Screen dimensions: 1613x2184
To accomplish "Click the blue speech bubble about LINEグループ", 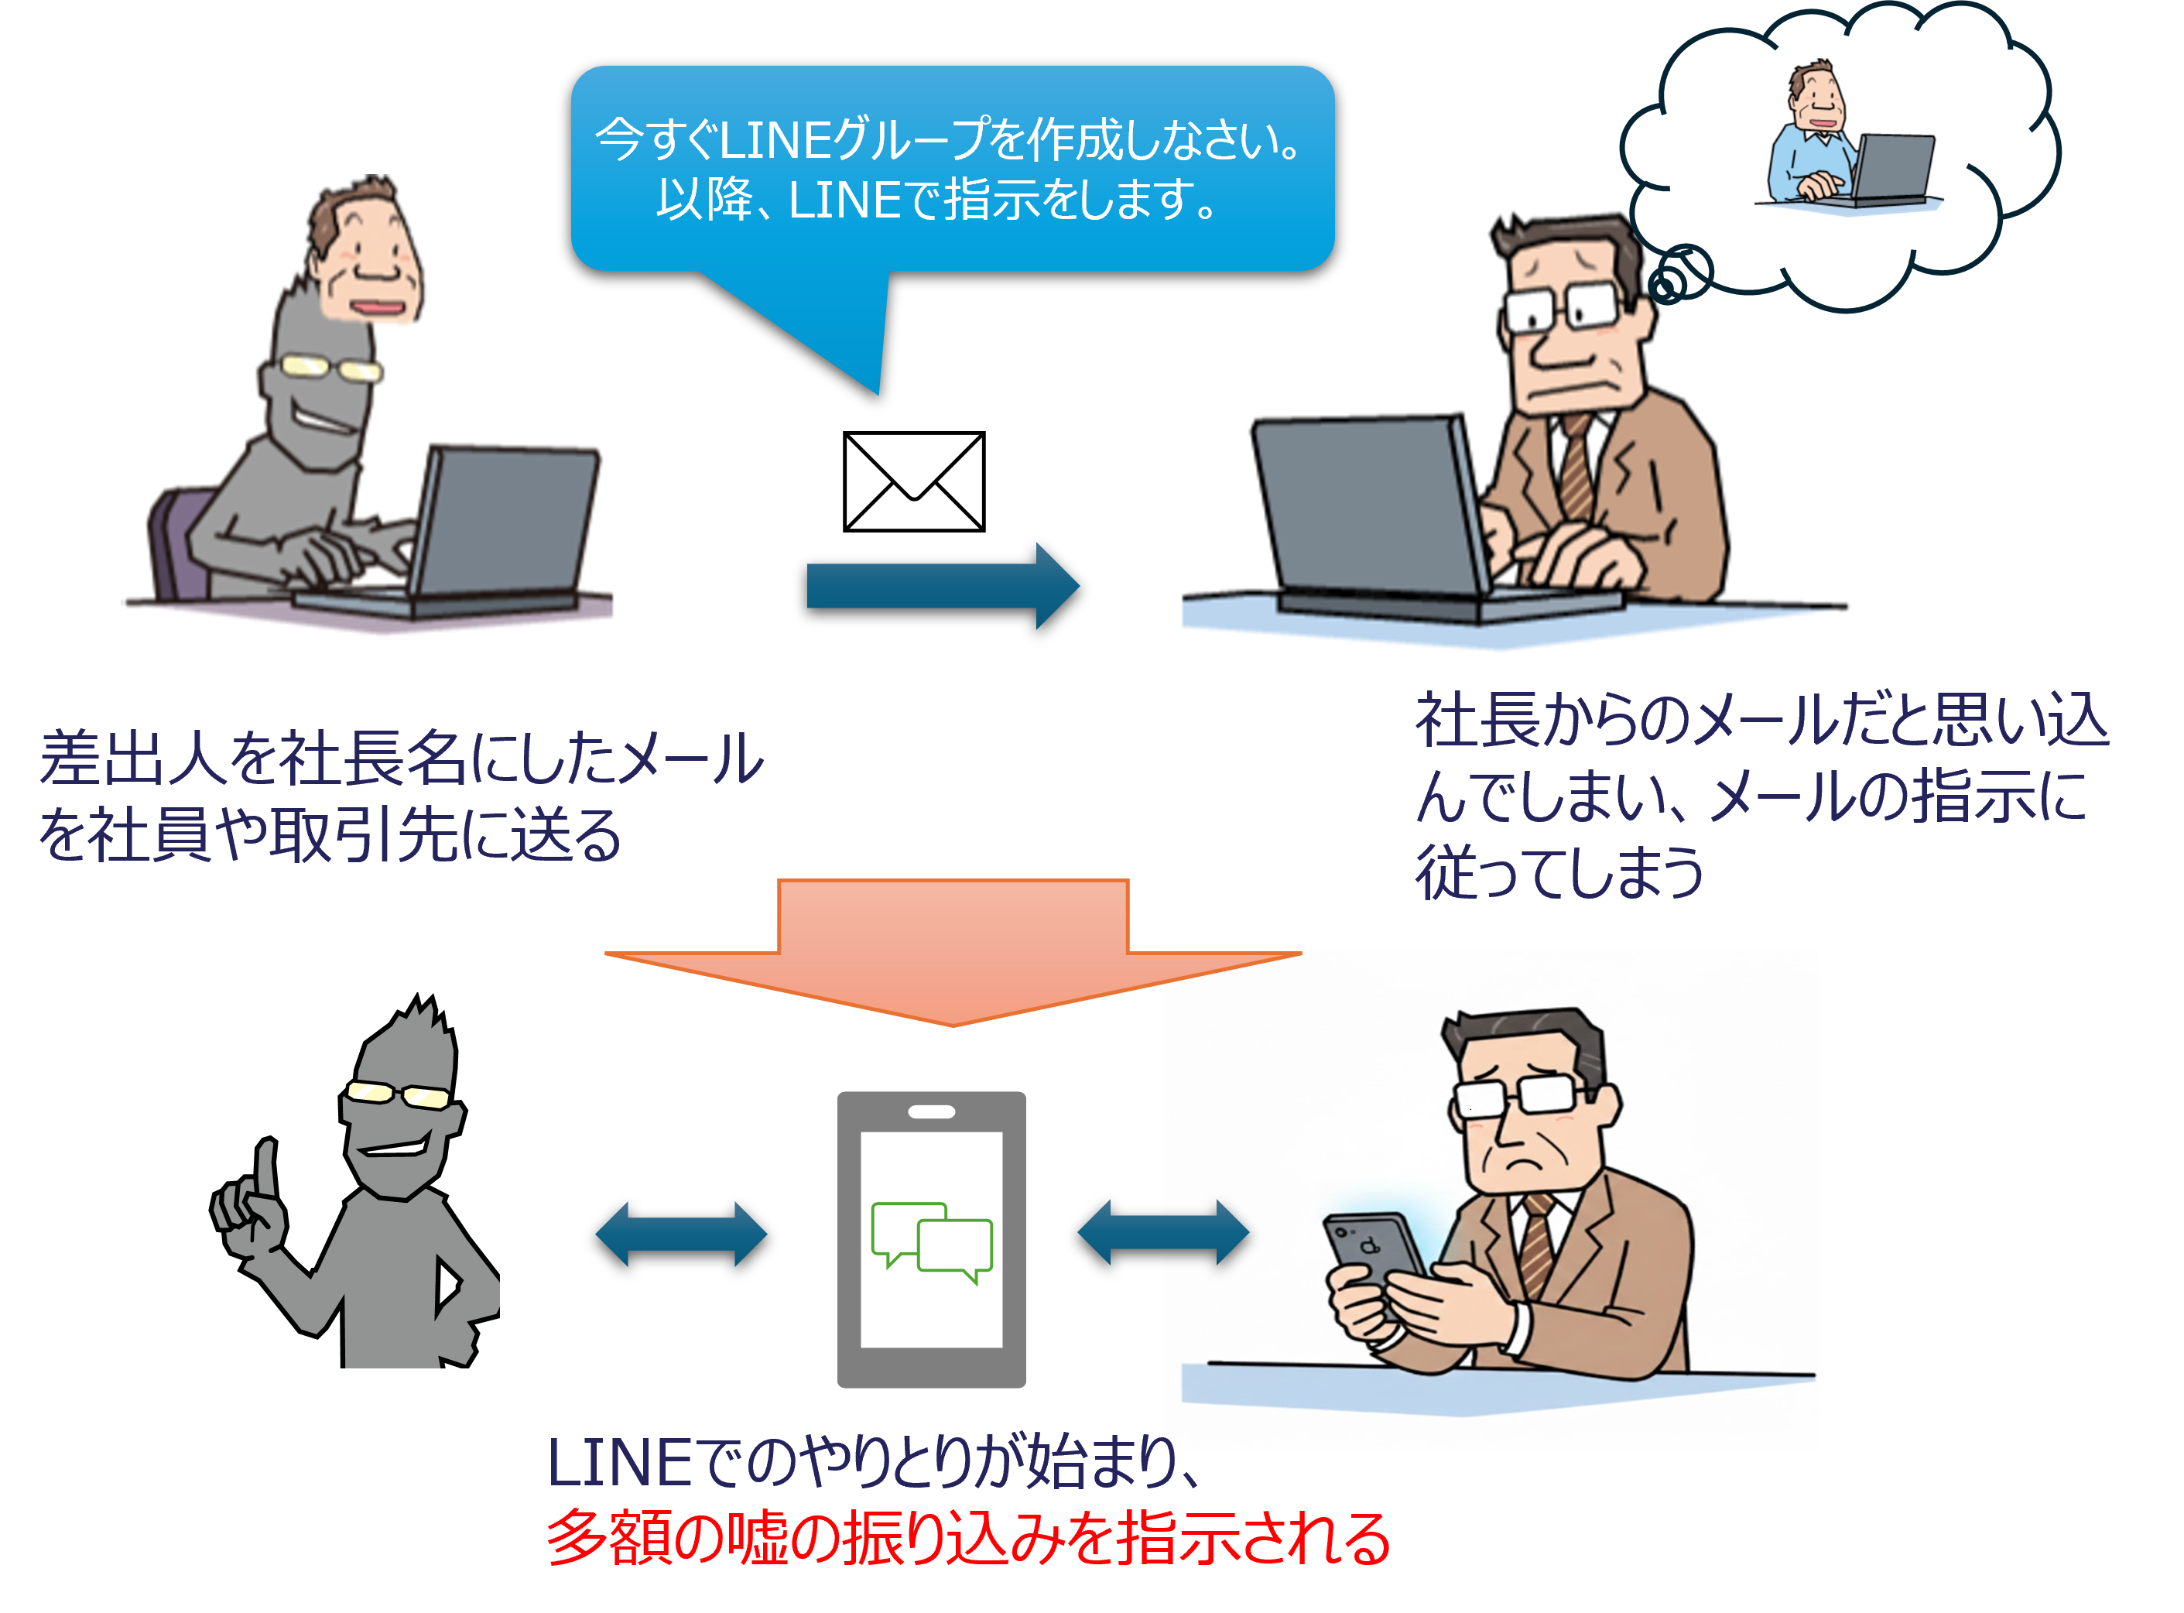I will (952, 168).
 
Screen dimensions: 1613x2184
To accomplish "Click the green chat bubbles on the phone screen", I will (931, 1240).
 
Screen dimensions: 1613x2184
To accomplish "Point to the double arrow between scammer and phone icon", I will (682, 1233).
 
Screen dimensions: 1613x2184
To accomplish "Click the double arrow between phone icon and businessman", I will (1162, 1232).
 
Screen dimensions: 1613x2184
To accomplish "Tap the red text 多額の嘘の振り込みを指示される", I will (967, 1539).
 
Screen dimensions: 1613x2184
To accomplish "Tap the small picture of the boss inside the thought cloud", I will (1849, 139).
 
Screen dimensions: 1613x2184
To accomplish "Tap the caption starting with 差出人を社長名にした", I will (400, 796).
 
